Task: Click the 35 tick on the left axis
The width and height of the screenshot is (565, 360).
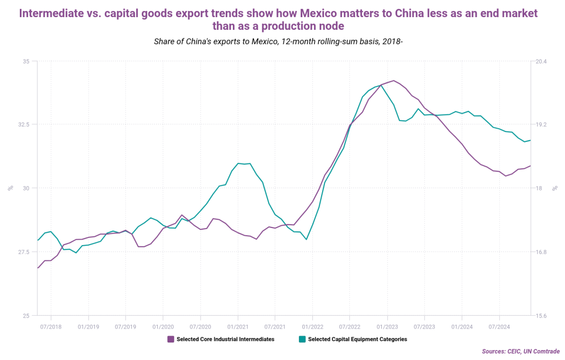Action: point(26,61)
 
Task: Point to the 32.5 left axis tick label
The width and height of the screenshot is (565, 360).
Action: point(24,124)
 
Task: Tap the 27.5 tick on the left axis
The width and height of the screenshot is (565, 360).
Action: point(24,252)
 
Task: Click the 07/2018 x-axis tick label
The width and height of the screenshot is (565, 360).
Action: point(51,326)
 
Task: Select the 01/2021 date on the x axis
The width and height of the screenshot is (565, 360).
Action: point(237,326)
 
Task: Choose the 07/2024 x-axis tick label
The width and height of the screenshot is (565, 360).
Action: point(499,326)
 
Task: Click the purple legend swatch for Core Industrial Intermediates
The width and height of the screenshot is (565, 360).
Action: point(170,339)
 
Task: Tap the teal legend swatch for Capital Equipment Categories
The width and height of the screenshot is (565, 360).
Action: point(302,339)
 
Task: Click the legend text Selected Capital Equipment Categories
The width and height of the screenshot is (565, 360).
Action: point(358,339)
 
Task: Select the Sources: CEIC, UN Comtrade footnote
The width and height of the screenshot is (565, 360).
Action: point(520,351)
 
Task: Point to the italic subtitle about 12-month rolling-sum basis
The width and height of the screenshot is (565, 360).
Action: point(282,41)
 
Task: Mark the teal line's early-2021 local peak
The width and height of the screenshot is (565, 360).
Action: point(238,163)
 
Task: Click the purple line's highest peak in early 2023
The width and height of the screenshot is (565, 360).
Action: point(393,81)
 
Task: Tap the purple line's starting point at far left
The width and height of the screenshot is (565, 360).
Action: point(38,268)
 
